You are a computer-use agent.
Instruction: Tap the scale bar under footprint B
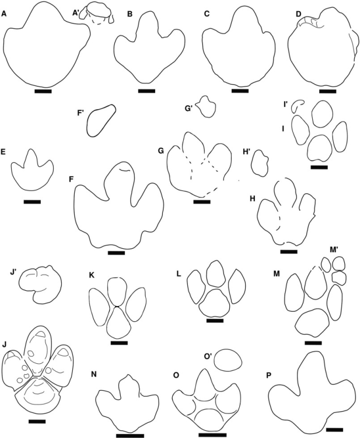click(x=146, y=91)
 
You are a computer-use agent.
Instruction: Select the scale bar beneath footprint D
click(x=327, y=92)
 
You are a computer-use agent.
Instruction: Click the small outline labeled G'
click(x=206, y=107)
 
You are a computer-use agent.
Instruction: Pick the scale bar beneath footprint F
click(x=116, y=253)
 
